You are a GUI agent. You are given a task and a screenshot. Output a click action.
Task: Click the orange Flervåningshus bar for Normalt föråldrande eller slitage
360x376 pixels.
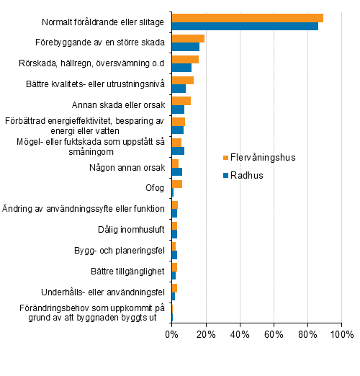(x=247, y=18)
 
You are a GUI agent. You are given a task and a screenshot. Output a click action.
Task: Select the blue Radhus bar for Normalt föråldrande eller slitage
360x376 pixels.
(x=245, y=27)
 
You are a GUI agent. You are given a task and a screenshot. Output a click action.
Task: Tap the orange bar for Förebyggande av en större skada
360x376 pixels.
(x=188, y=38)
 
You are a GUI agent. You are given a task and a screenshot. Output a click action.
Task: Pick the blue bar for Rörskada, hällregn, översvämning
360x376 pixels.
(x=181, y=68)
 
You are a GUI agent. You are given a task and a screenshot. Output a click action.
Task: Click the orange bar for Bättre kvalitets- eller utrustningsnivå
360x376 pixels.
(x=183, y=80)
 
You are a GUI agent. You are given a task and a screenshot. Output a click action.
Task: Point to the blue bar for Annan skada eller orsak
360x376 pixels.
(x=179, y=109)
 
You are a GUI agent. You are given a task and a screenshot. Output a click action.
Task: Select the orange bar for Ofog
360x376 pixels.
(x=177, y=184)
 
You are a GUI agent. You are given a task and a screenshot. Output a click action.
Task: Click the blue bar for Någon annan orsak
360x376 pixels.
(x=177, y=171)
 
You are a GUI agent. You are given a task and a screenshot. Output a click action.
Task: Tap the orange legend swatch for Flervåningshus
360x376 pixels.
(x=225, y=158)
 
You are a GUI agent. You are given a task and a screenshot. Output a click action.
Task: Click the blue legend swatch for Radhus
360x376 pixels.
(x=225, y=175)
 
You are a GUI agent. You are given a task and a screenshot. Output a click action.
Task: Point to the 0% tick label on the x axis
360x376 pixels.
(x=171, y=334)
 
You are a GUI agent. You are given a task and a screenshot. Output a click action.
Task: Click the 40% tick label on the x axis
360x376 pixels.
(x=240, y=334)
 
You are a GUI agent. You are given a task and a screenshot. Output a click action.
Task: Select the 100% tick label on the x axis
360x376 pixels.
(x=341, y=334)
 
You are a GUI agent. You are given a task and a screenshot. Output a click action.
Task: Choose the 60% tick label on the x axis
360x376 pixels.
(x=274, y=334)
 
